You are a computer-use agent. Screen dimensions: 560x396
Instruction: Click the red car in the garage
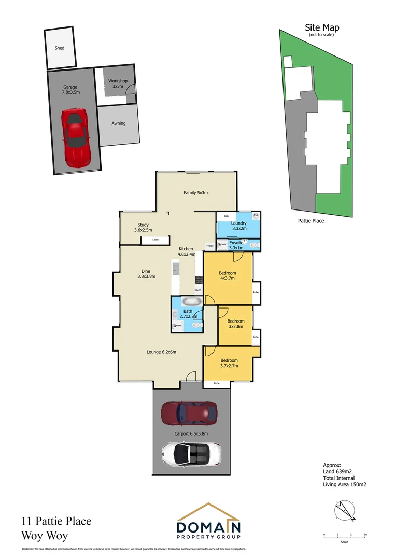[x=76, y=135]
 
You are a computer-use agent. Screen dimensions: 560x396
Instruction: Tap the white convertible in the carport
[x=191, y=454]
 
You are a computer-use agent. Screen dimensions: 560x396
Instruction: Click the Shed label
[x=60, y=48]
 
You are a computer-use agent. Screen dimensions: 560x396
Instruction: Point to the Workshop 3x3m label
[x=118, y=84]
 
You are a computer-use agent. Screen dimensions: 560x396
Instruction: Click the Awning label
[x=119, y=123]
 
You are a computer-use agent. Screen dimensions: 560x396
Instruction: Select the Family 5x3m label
[x=195, y=193]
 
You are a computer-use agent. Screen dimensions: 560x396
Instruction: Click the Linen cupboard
[x=155, y=240]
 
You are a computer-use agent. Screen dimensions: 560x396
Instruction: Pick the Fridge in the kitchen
[x=209, y=246]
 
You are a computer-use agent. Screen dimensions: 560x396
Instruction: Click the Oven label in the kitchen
[x=198, y=290]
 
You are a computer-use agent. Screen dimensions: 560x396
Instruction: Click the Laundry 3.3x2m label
[x=238, y=226]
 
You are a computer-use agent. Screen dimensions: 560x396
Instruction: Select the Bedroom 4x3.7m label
[x=227, y=275]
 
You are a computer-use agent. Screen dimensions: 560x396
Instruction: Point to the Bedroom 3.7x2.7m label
[x=229, y=363]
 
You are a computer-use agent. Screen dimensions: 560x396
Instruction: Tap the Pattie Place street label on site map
[x=311, y=221]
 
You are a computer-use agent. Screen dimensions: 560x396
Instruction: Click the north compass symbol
[x=344, y=510]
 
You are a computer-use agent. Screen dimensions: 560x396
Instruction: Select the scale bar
[x=344, y=537]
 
